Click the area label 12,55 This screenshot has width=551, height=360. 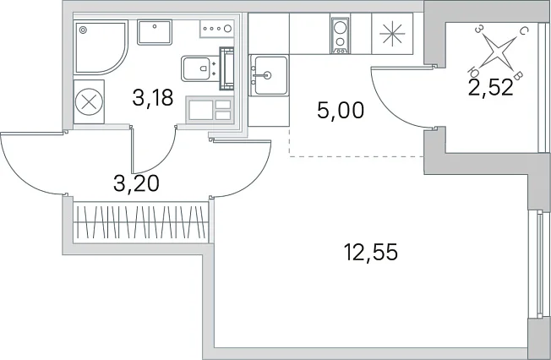(371, 253)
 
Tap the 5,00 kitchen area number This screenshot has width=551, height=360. (341, 111)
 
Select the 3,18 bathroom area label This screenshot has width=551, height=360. (153, 97)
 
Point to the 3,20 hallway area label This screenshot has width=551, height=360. (136, 183)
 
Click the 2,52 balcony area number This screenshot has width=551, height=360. (491, 88)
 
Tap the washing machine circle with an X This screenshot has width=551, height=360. (89, 102)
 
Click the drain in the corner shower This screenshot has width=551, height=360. (83, 30)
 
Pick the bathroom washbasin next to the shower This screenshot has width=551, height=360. (155, 32)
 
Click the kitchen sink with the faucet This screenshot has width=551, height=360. (269, 75)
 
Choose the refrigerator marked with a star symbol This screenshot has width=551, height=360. (392, 34)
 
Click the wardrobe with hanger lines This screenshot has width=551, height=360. (140, 222)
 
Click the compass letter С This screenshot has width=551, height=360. (522, 31)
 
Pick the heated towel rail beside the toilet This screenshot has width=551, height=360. (226, 68)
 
